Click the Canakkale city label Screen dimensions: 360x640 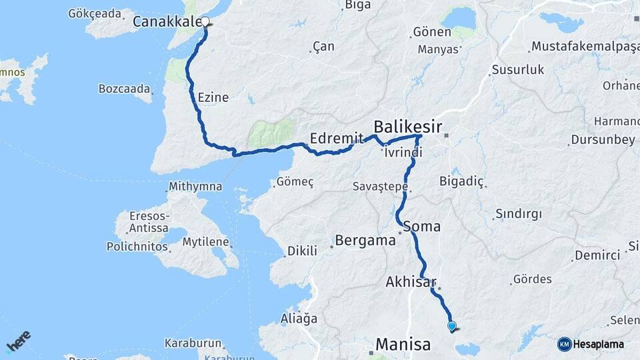click(166, 22)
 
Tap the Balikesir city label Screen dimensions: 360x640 click(407, 126)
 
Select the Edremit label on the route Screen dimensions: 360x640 click(336, 139)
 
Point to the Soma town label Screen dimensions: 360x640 click(422, 226)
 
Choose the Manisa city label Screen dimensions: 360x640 click(403, 344)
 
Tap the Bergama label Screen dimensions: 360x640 click(365, 241)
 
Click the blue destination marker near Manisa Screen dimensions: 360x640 click(452, 326)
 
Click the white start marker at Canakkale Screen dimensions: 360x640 click(205, 21)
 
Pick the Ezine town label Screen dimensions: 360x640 click(213, 97)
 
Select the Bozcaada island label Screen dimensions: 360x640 click(125, 88)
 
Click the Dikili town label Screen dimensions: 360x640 click(302, 251)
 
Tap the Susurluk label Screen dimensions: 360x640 click(518, 69)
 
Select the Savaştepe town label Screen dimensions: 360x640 click(380, 187)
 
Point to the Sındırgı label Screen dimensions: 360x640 click(519, 214)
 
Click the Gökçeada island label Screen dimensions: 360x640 click(96, 13)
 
